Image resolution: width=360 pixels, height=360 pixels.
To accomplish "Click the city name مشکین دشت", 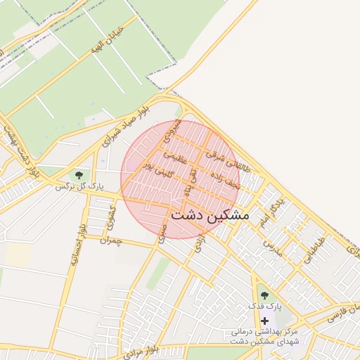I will point(210,215).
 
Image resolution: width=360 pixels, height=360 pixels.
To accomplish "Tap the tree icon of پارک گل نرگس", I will point(78,173).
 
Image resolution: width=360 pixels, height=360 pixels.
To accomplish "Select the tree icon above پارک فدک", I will point(264,296).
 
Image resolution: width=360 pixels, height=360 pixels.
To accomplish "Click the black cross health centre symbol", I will point(264,321).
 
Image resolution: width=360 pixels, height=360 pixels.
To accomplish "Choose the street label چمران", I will point(110,241).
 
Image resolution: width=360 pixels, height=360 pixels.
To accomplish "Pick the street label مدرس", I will point(273,247).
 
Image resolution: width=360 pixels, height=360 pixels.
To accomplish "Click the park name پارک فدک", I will point(264,308).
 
